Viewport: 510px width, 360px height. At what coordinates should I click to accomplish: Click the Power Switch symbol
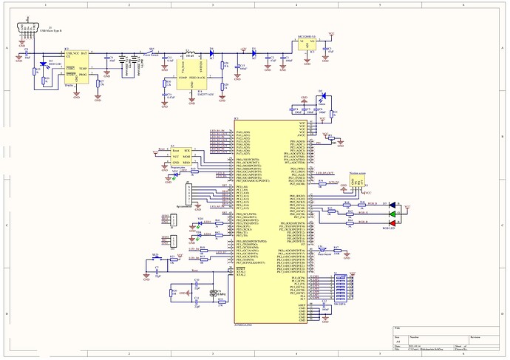[152, 52]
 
